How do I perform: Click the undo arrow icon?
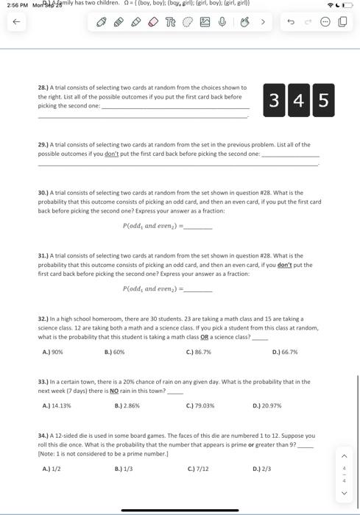[x=290, y=22]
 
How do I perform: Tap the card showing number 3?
[x=274, y=101]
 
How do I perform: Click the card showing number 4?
[x=298, y=101]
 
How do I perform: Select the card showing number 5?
[x=322, y=101]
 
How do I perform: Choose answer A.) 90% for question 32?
[x=52, y=352]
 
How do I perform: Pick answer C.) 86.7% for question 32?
[x=199, y=352]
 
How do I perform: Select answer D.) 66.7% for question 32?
[x=285, y=352]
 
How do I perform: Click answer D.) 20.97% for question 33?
[x=267, y=405]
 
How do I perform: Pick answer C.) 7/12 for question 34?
[x=198, y=469]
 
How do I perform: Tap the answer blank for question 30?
[x=197, y=226]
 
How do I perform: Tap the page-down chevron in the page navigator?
[x=343, y=493]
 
